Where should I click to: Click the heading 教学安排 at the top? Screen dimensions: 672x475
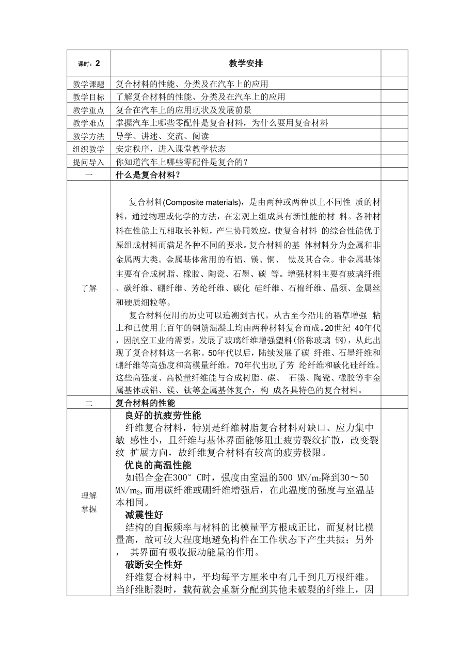click(245, 63)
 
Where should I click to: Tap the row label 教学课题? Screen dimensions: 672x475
click(88, 84)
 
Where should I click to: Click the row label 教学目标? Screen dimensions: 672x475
click(88, 97)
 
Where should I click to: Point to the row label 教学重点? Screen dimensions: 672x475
click(88, 110)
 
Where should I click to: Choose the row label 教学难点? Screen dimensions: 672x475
click(88, 123)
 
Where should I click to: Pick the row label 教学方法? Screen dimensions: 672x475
click(88, 136)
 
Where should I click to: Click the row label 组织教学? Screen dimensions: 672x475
click(88, 149)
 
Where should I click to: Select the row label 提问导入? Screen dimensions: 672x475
click(88, 162)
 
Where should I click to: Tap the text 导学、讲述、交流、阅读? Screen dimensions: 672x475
click(155, 136)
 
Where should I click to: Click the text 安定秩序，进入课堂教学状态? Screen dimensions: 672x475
click(171, 149)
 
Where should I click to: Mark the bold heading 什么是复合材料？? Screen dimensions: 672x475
click(148, 174)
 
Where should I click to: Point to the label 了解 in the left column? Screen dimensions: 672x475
click(88, 288)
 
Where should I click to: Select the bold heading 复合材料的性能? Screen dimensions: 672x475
click(145, 403)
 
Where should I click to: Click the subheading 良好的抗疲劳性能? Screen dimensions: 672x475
click(163, 415)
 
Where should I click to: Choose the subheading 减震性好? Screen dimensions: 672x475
click(144, 515)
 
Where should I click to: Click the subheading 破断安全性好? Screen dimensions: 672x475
click(153, 565)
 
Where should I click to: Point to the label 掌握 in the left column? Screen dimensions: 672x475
click(88, 509)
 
